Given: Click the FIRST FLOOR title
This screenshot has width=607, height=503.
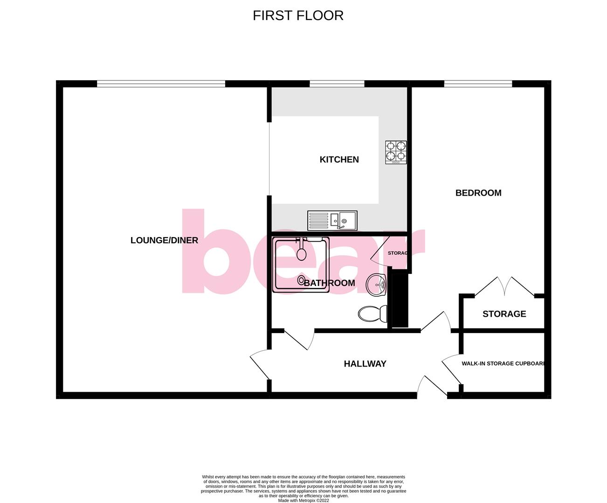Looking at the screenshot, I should (x=298, y=15).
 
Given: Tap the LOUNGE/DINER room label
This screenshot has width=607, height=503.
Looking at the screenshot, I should (x=164, y=240).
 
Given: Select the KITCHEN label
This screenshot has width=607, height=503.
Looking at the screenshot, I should (x=339, y=159).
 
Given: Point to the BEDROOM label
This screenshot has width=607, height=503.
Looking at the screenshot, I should (x=478, y=193).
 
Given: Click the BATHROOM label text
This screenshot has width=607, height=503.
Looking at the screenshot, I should (x=329, y=283).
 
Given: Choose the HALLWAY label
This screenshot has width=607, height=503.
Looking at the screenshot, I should (x=365, y=364).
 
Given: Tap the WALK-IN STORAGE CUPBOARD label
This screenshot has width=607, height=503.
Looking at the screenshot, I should (x=503, y=363).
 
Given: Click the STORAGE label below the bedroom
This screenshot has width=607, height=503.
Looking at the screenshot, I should (x=504, y=314).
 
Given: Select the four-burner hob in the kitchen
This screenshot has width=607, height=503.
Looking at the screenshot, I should (x=395, y=152).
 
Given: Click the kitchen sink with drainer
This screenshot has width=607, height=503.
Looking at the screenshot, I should (x=332, y=220).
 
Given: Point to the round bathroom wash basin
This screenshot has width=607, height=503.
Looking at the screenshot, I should (x=376, y=285).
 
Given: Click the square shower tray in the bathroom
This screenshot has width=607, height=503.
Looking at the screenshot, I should (x=302, y=264).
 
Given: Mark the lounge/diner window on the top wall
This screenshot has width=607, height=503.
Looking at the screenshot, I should (x=161, y=84).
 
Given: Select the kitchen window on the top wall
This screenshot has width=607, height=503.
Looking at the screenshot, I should (x=337, y=84).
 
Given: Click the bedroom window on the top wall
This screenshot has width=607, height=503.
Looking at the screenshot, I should (x=478, y=84).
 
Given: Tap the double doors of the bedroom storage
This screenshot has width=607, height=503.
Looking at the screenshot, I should (x=504, y=286).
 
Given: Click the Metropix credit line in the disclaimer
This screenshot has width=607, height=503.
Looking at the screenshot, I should (x=303, y=501).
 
